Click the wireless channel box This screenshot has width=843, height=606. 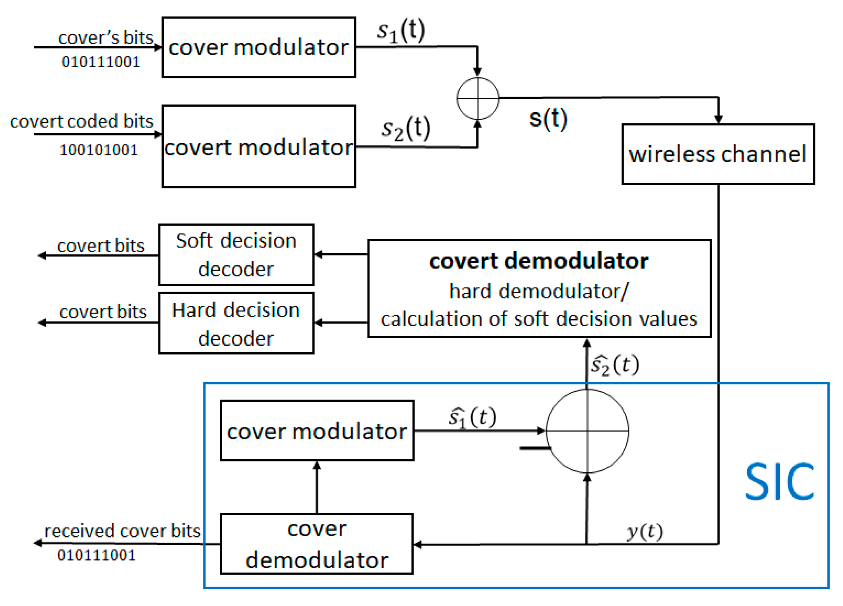718,154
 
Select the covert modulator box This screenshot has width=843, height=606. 259,146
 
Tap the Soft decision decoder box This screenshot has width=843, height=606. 236,255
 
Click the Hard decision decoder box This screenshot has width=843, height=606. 236,323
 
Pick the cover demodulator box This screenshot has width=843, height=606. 317,544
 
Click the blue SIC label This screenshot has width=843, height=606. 779,481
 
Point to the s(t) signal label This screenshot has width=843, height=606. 548,119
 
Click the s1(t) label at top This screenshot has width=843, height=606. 400,31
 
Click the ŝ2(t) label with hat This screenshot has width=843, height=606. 615,365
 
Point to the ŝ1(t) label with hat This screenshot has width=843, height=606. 472,417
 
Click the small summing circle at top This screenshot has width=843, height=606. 478,98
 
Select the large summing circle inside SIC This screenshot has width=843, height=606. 587,431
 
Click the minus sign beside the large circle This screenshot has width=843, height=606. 535,448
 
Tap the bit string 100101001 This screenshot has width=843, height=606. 99,150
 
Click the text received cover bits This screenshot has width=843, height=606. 122,531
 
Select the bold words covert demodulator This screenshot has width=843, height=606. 539,261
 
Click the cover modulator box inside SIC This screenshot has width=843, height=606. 317,431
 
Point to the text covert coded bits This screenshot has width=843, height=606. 82,121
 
